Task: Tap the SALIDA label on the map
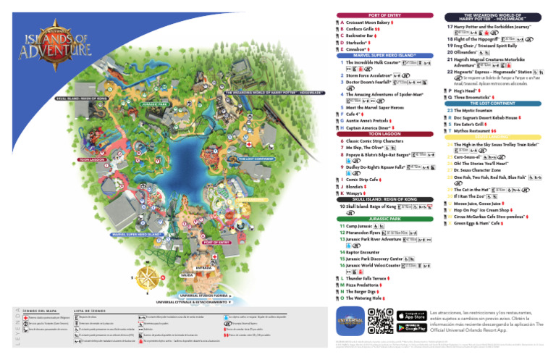coord(186,275)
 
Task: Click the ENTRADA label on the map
coord(203,267)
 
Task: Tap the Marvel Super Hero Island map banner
coord(135,234)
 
